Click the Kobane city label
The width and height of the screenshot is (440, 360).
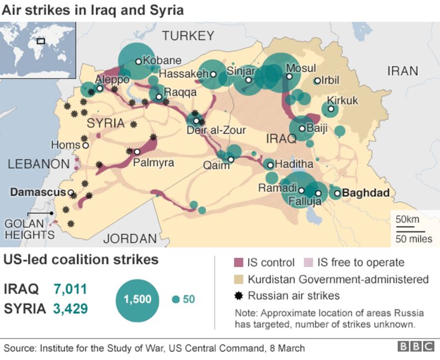[x=162, y=60]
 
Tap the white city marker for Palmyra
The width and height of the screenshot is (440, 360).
[x=137, y=152]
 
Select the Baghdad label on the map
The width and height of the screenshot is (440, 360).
[x=366, y=193]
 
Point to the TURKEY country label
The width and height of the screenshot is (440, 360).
[x=188, y=36]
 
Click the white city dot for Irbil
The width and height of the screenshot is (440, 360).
[x=317, y=81]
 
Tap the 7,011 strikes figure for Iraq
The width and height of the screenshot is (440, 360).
[x=70, y=289]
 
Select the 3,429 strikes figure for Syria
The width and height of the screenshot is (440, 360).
[x=70, y=308]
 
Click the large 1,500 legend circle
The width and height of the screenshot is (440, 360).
[x=137, y=299]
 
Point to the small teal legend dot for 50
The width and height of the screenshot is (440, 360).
[x=175, y=300]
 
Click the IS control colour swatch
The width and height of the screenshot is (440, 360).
[x=238, y=263]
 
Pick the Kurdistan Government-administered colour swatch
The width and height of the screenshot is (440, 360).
[x=238, y=279]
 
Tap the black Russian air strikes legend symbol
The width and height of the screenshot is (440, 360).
[x=238, y=296]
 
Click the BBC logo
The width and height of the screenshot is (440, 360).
[x=416, y=347]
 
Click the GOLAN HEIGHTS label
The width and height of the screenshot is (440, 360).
[x=29, y=229]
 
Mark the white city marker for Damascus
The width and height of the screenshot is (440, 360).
[x=71, y=193]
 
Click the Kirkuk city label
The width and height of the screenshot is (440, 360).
[x=343, y=100]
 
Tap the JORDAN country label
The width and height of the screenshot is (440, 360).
[x=130, y=239]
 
